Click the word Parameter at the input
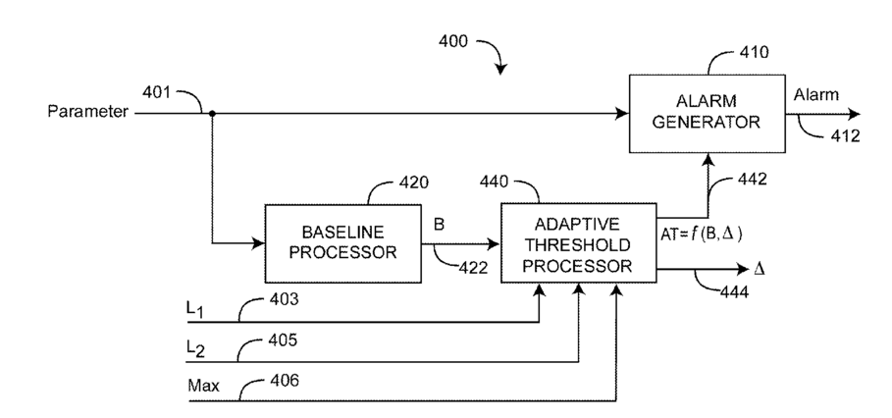click(x=87, y=112)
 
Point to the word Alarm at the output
click(x=815, y=95)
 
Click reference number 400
click(x=453, y=41)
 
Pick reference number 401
click(x=156, y=91)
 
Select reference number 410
click(x=754, y=53)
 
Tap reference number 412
click(x=845, y=136)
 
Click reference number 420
click(x=413, y=183)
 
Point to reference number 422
click(x=473, y=268)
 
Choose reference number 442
click(x=752, y=180)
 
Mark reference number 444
click(x=734, y=291)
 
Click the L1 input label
click(x=195, y=310)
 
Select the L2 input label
click(x=195, y=350)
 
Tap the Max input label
click(x=204, y=387)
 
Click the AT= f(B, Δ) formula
click(x=702, y=234)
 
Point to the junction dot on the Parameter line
click(x=212, y=114)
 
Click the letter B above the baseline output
click(x=440, y=225)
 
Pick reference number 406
click(x=283, y=381)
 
